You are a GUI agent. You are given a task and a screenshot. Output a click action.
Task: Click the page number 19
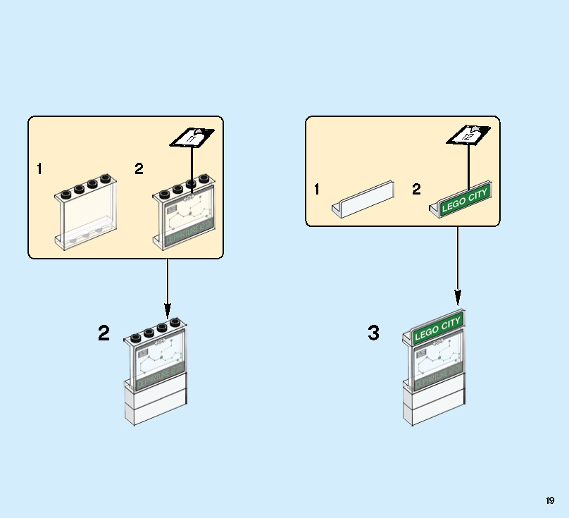550,500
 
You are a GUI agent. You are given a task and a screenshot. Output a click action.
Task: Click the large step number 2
104,333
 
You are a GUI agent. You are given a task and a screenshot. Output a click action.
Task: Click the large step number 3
374,333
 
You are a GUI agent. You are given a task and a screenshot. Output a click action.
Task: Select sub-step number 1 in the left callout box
39,169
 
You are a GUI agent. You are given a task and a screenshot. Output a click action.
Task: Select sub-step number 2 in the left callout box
139,169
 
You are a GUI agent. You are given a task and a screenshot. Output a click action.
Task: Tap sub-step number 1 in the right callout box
317,189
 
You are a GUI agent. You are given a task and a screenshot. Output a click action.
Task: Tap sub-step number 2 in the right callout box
416,189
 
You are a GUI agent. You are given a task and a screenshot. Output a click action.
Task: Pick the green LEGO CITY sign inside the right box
463,200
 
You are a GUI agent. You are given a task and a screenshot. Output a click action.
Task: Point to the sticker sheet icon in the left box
192,137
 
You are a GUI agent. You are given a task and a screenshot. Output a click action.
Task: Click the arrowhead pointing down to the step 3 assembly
458,297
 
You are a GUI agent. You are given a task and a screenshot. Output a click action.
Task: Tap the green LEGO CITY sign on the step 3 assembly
437,328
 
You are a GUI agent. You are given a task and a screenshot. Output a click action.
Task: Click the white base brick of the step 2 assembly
156,402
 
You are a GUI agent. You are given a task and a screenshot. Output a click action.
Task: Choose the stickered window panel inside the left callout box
187,218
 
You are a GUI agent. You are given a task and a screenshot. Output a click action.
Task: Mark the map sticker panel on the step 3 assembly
437,363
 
